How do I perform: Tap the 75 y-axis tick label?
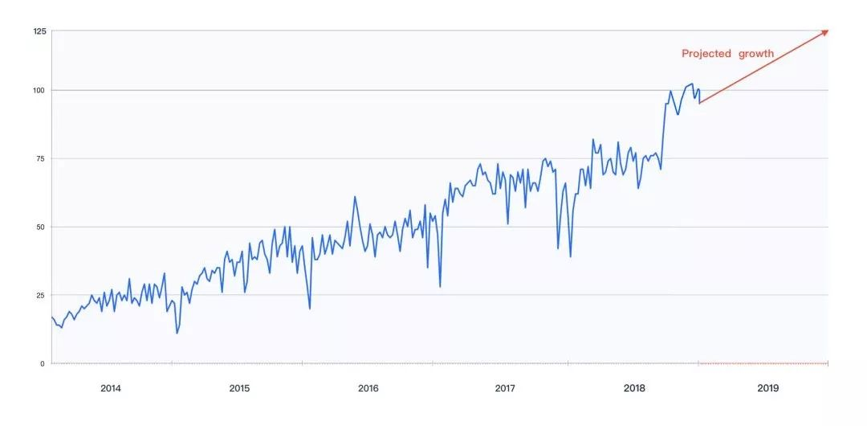tap(41, 158)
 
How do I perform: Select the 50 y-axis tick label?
tap(41, 227)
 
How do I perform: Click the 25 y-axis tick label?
tap(41, 295)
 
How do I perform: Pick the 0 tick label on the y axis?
tap(43, 363)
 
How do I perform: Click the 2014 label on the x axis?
tap(111, 388)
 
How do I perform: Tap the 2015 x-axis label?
tap(239, 388)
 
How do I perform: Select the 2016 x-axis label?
tap(368, 388)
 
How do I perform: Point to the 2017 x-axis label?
tap(505, 388)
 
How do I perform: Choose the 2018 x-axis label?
tap(634, 388)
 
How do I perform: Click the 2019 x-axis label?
tap(767, 388)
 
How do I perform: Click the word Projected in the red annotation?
tap(706, 54)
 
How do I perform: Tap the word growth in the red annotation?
tap(757, 54)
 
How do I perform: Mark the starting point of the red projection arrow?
tap(699, 103)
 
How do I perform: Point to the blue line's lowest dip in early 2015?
tap(177, 333)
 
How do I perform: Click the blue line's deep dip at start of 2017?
tap(440, 287)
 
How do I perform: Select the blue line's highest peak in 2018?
tap(692, 83)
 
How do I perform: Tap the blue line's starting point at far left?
tap(51, 317)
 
